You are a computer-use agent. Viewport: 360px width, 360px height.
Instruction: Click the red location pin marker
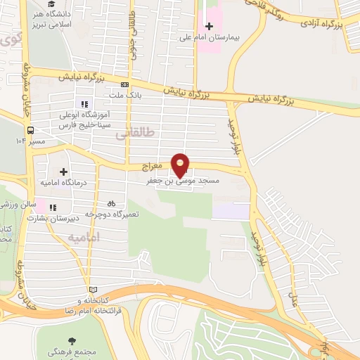pos(181,165)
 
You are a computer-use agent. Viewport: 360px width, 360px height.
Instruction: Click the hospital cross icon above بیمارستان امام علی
pos(208,25)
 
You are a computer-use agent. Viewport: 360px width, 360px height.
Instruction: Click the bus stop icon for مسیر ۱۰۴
pos(30,130)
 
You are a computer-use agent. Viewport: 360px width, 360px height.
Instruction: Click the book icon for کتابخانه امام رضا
pos(93,290)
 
